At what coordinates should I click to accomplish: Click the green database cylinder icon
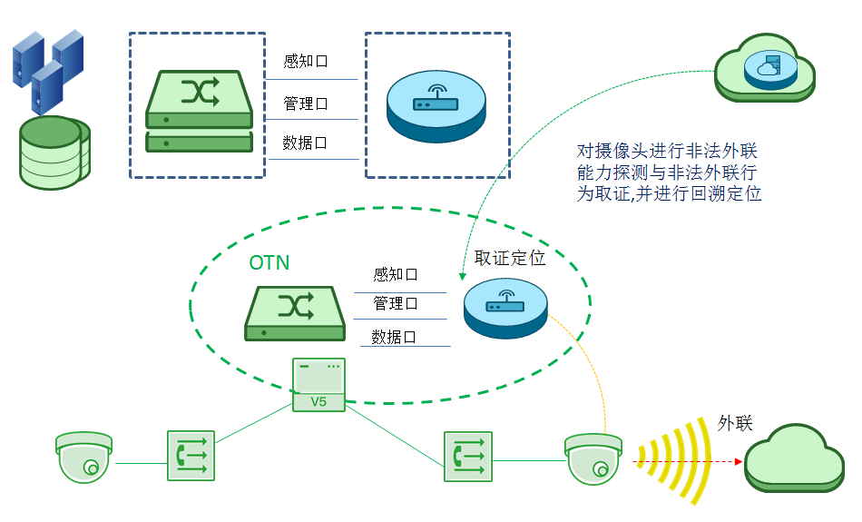point(54,152)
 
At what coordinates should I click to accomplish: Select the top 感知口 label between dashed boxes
point(306,62)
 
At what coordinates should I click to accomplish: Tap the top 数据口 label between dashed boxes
point(306,143)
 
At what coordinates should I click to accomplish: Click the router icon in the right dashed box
point(436,105)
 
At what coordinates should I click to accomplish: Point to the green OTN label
point(269,263)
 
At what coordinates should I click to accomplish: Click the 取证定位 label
point(510,259)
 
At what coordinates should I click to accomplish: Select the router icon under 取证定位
point(506,308)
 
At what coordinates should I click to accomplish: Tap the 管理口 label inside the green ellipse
point(396,303)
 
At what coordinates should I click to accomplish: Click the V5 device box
point(318,384)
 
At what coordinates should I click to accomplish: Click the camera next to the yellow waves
point(593,459)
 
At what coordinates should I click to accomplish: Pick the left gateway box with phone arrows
point(191,456)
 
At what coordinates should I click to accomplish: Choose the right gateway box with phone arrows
point(468,456)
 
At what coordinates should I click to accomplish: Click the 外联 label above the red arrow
point(735,424)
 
